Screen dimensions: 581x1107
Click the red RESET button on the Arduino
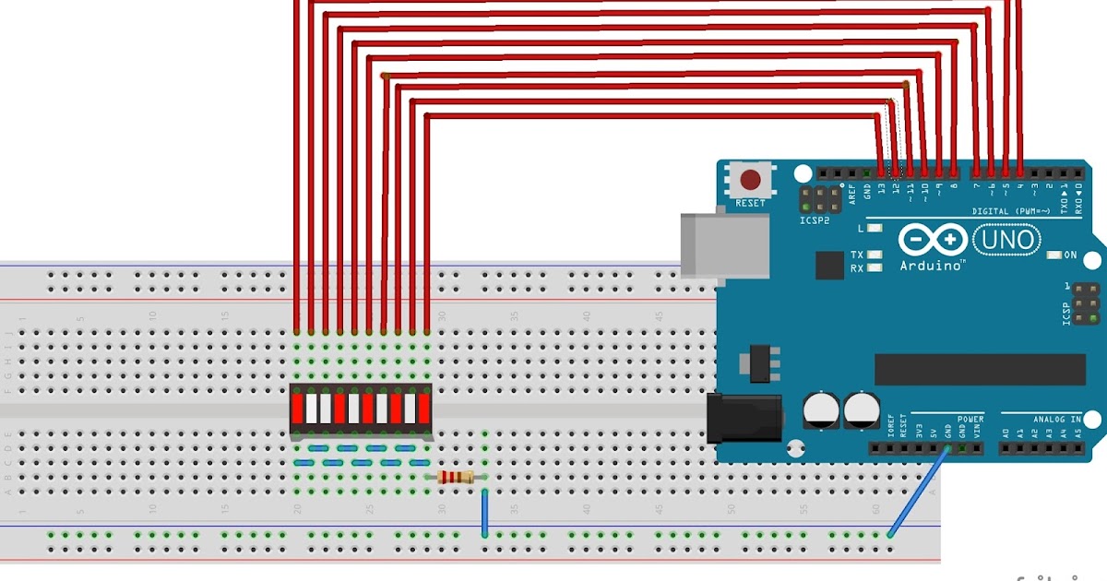(751, 180)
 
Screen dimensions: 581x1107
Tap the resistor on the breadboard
(456, 477)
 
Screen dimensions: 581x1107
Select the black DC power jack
(743, 418)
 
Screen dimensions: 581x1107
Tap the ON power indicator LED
(1055, 255)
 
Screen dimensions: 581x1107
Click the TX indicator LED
(874, 255)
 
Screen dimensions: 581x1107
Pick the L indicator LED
(874, 228)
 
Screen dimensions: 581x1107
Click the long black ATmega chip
(980, 369)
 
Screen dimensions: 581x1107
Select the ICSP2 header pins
(819, 199)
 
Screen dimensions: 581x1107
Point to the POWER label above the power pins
(970, 419)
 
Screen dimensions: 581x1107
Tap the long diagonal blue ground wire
(918, 492)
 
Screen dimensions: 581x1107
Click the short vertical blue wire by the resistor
(484, 512)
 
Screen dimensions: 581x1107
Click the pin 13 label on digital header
(882, 190)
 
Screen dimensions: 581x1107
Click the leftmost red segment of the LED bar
(298, 407)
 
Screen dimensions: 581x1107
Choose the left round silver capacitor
(820, 409)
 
